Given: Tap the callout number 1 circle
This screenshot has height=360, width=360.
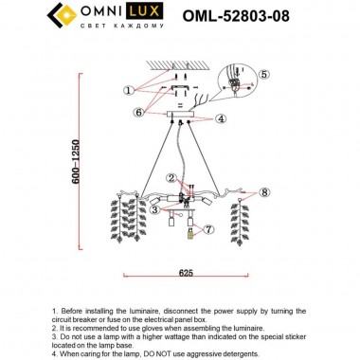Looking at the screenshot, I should (128, 90).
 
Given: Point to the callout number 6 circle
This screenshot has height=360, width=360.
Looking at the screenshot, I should (138, 112).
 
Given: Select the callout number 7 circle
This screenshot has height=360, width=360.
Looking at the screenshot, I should (208, 229).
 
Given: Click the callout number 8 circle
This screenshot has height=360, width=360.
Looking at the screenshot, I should (265, 192).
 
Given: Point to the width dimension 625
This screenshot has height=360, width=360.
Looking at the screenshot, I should (187, 272).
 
